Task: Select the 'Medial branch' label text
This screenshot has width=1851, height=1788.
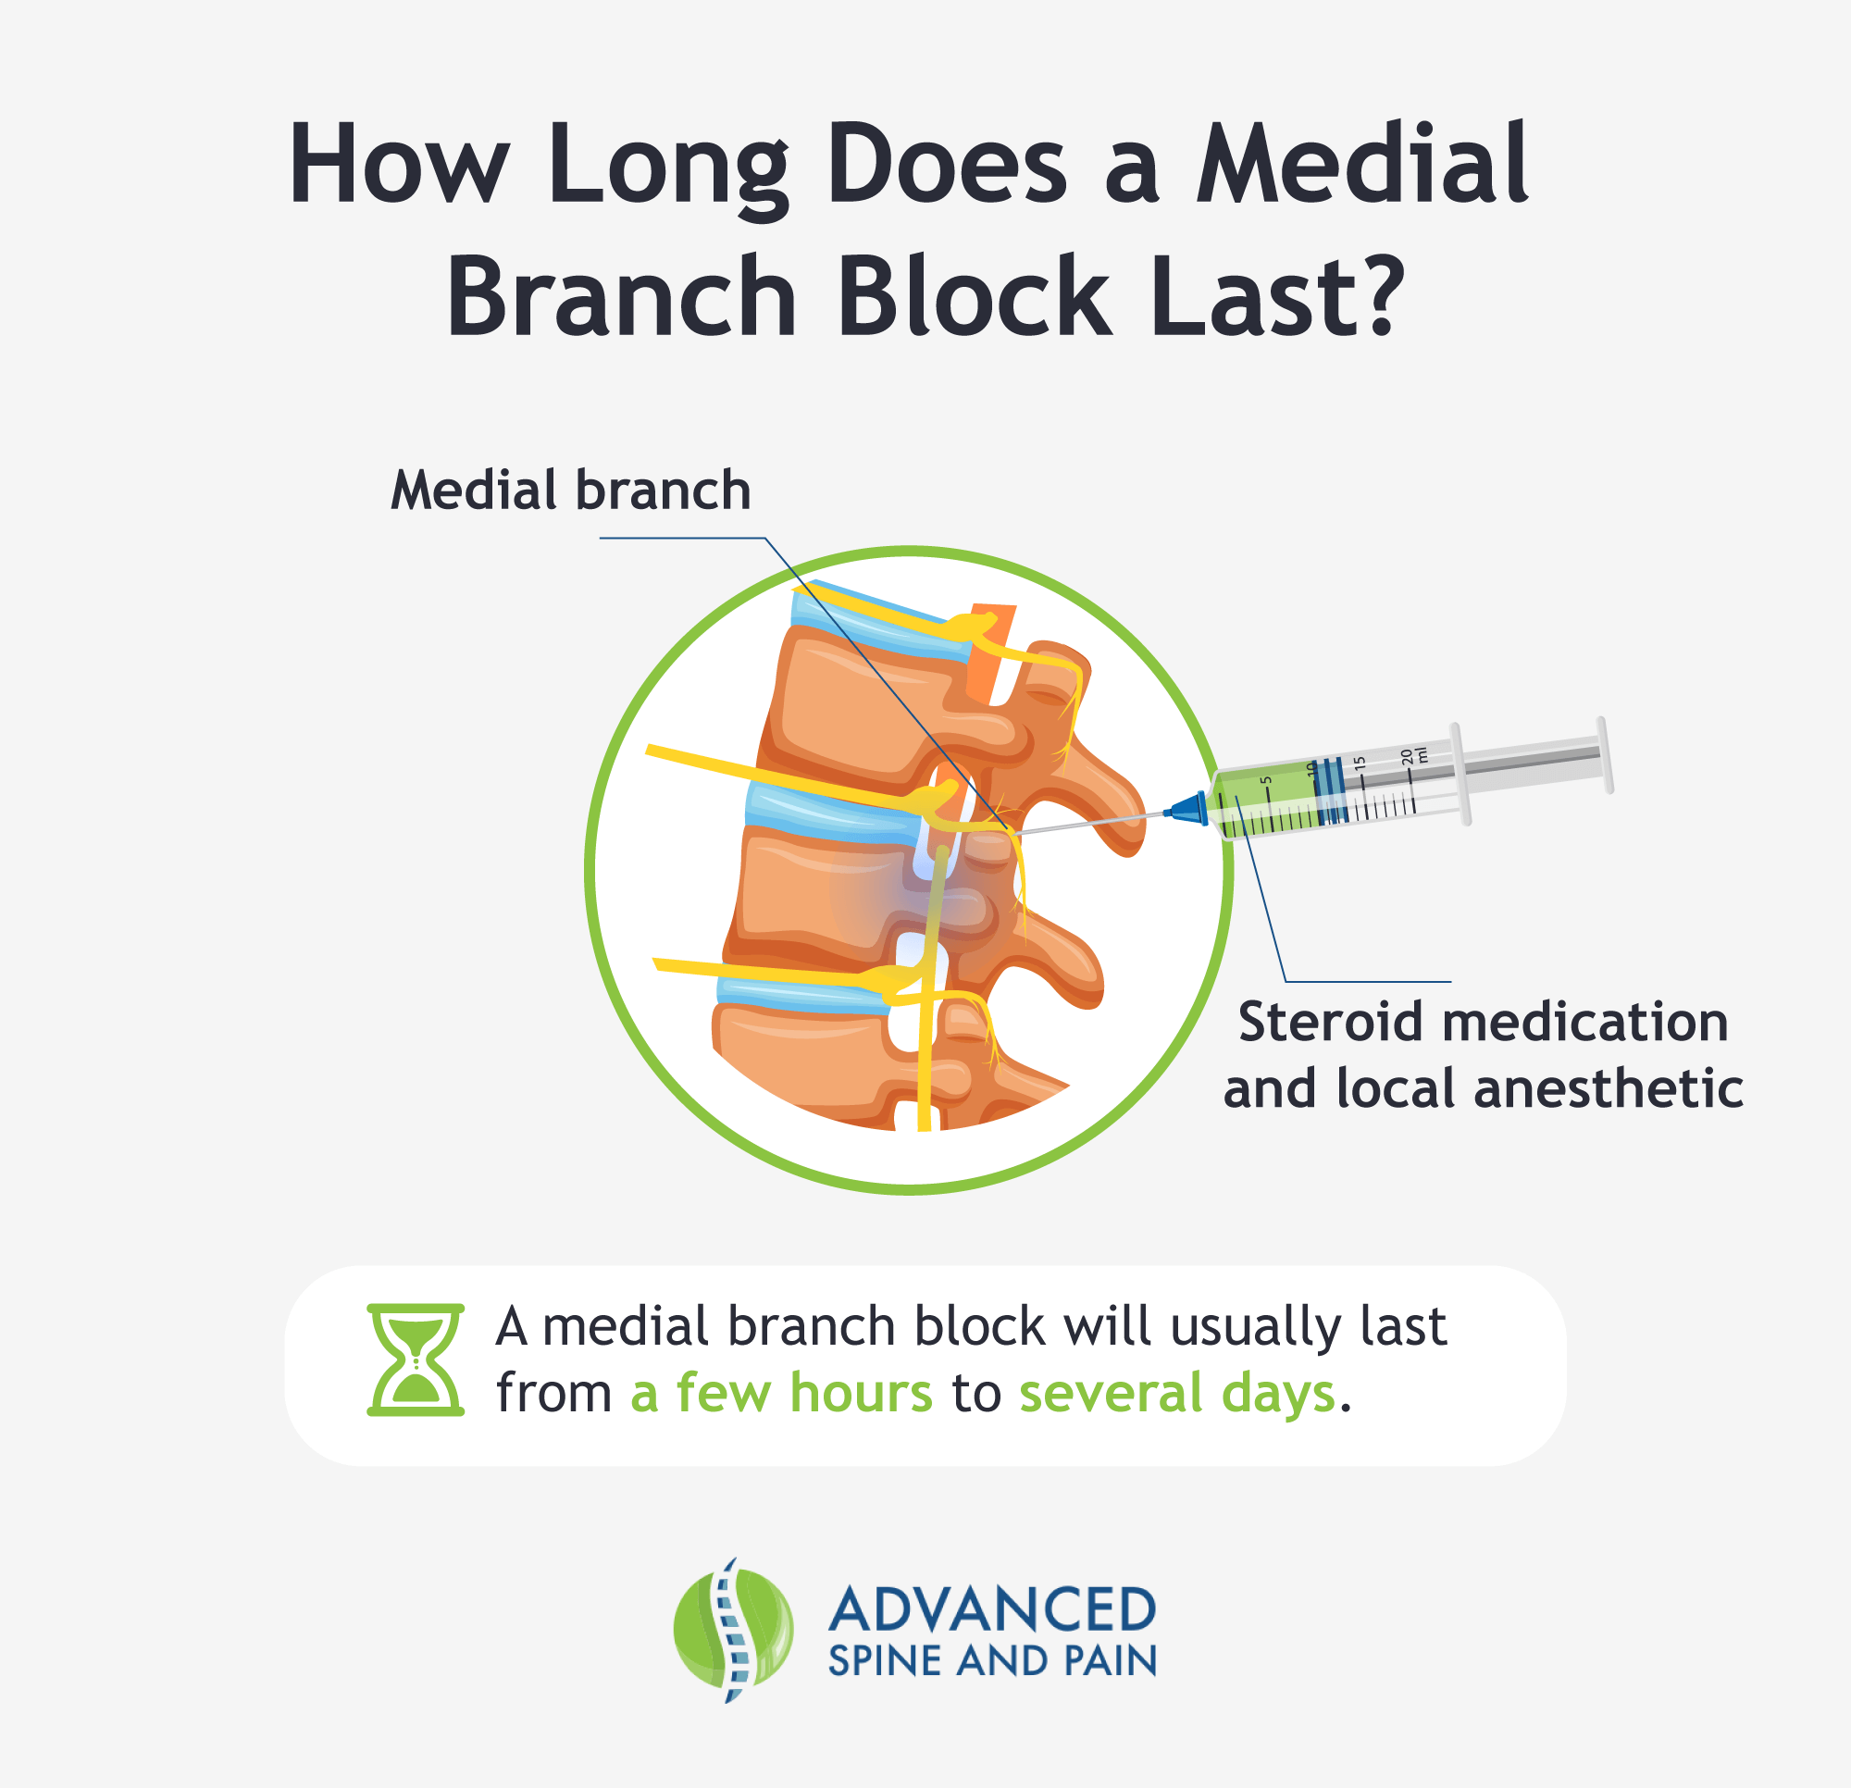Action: (570, 491)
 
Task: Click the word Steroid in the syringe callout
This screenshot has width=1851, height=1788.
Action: (1330, 1023)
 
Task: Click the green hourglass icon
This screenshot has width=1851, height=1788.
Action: (416, 1360)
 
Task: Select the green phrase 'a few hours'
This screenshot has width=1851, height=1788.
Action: (781, 1393)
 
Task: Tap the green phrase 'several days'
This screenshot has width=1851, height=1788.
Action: (1176, 1393)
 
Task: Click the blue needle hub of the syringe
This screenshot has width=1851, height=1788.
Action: (1188, 809)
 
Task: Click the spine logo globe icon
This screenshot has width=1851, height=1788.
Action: (733, 1630)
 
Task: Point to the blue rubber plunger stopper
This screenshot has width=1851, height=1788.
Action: (1330, 789)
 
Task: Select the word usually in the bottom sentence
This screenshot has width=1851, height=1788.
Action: (1255, 1327)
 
